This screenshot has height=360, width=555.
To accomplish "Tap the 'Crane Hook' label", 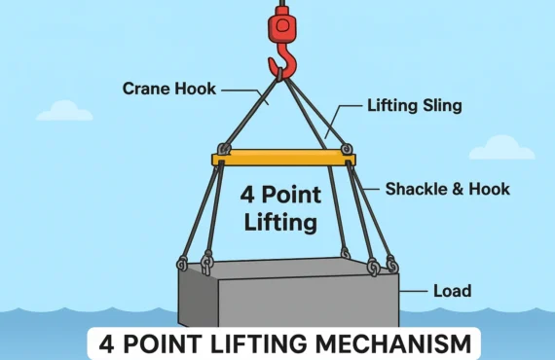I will [x=169, y=89].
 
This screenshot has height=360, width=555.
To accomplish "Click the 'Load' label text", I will [x=452, y=290].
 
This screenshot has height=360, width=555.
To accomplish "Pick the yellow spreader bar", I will [x=283, y=158].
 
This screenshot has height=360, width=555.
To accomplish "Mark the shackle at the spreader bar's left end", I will [x=224, y=150].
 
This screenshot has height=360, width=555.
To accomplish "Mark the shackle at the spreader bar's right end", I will [x=347, y=150].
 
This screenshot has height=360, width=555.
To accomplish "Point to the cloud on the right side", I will [x=501, y=148].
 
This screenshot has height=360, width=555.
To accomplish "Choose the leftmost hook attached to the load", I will [x=182, y=263].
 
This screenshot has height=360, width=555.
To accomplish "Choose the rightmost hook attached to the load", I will [x=391, y=265].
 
